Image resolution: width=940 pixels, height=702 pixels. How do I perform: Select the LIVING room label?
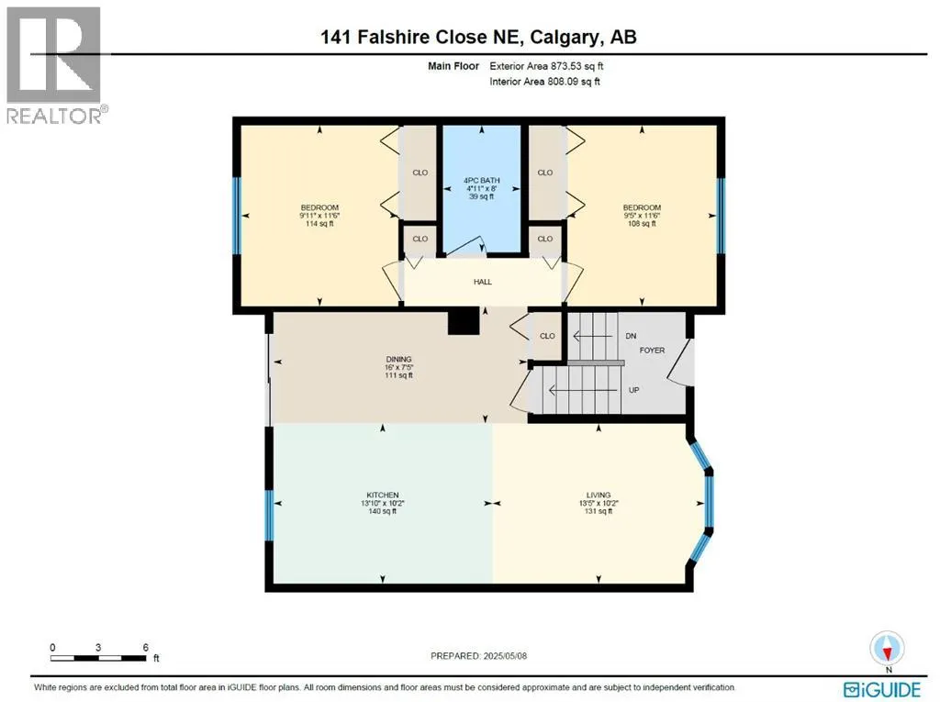point(599,496)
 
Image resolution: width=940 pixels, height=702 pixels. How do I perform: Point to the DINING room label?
point(398,359)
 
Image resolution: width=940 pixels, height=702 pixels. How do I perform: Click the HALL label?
point(483,282)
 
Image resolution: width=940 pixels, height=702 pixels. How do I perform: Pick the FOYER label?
point(652,351)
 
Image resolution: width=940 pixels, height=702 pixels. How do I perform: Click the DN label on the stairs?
point(631,337)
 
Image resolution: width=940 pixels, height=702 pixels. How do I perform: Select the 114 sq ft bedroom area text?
point(319,224)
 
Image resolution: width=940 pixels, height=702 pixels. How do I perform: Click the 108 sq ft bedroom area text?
point(642,224)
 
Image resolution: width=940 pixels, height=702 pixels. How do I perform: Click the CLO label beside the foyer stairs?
point(547,336)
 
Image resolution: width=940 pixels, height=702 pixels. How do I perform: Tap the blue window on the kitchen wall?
point(270,517)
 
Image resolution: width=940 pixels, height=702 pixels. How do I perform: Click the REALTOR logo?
point(54,64)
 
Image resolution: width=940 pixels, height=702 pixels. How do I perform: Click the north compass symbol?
point(886,648)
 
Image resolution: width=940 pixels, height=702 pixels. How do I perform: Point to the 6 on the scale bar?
point(146,647)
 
